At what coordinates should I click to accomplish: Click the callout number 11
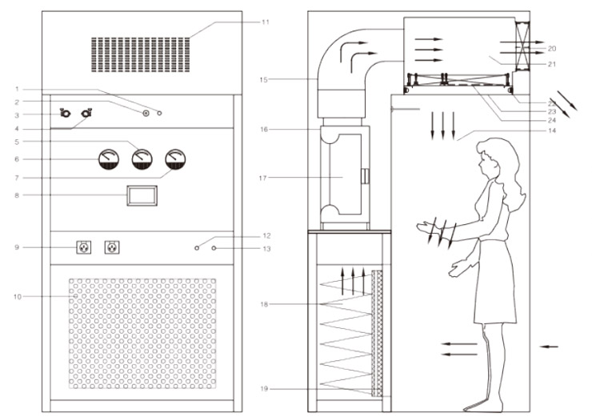click(265, 22)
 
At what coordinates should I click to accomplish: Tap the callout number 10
click(17, 297)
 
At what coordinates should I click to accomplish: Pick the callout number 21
click(552, 63)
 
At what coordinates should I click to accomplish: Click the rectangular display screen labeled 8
click(142, 195)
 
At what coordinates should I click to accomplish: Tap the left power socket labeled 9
click(82, 247)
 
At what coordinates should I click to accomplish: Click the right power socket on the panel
click(112, 247)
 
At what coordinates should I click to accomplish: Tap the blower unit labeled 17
click(345, 176)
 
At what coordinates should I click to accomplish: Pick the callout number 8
click(17, 194)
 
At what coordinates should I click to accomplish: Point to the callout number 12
click(266, 236)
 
